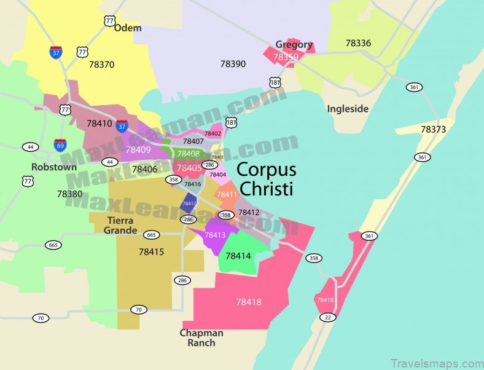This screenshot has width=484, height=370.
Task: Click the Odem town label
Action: [128, 28]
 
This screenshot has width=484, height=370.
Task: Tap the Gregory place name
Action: [294, 44]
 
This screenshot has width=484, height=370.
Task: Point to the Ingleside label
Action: [348, 109]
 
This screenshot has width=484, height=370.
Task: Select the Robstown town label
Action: [55, 167]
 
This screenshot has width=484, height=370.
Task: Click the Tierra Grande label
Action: [121, 226]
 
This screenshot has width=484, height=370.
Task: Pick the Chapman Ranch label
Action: [201, 337]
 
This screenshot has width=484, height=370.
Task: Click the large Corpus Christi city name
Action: [266, 178]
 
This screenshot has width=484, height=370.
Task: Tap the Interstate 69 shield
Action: [60, 145]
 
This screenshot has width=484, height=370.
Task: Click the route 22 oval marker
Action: [327, 317]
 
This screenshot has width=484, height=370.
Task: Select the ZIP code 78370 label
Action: [101, 63]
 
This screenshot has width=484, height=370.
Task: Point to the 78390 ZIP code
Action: [233, 63]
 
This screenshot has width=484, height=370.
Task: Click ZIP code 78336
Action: [358, 43]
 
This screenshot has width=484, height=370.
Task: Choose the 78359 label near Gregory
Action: [286, 57]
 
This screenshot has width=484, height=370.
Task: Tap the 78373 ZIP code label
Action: [433, 129]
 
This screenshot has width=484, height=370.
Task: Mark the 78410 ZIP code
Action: [100, 123]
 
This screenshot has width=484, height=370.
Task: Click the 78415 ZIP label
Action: [151, 251]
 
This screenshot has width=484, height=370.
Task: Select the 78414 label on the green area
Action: [238, 255]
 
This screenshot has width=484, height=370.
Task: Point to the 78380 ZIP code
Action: [69, 193]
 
